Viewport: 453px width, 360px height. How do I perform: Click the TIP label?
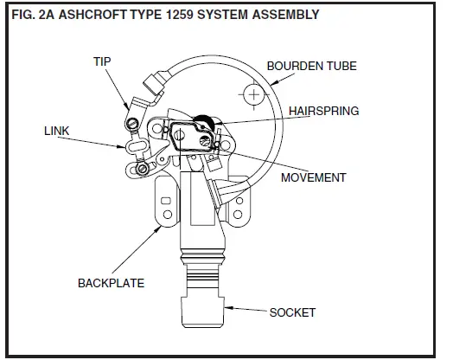(x=103, y=61)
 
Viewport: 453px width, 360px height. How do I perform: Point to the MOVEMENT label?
(x=315, y=177)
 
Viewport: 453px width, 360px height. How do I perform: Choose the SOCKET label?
(x=293, y=312)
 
